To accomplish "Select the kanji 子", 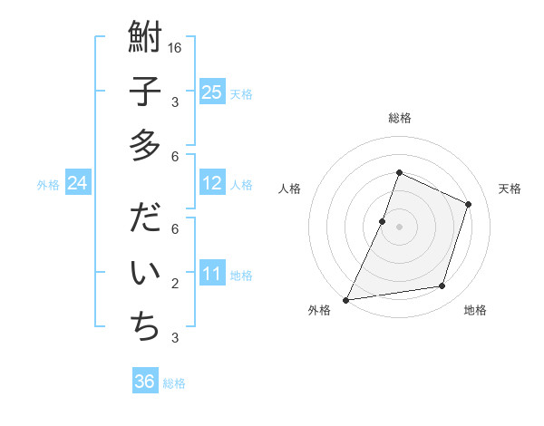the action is tap(145, 92).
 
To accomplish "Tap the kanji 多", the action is tap(145, 144).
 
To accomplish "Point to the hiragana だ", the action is tap(145, 220).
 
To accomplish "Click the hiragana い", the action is tap(145, 273).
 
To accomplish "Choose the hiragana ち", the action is tap(145, 325).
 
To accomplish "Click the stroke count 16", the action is tap(176, 47).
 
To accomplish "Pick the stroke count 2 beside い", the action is tap(175, 284).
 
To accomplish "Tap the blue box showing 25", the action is tap(211, 92).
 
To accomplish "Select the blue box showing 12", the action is tap(211, 184).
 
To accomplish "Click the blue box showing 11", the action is tap(211, 274).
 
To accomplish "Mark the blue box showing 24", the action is tap(78, 184).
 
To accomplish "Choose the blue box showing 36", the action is tap(145, 382).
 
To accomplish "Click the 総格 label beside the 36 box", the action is tap(174, 383).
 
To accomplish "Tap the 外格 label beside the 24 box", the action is tap(48, 185).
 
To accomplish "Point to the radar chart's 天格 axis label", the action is tap(510, 189).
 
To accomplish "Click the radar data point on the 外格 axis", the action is tap(346, 299).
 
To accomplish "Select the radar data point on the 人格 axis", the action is tap(383, 221).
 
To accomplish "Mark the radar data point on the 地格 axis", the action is tap(442, 286).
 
